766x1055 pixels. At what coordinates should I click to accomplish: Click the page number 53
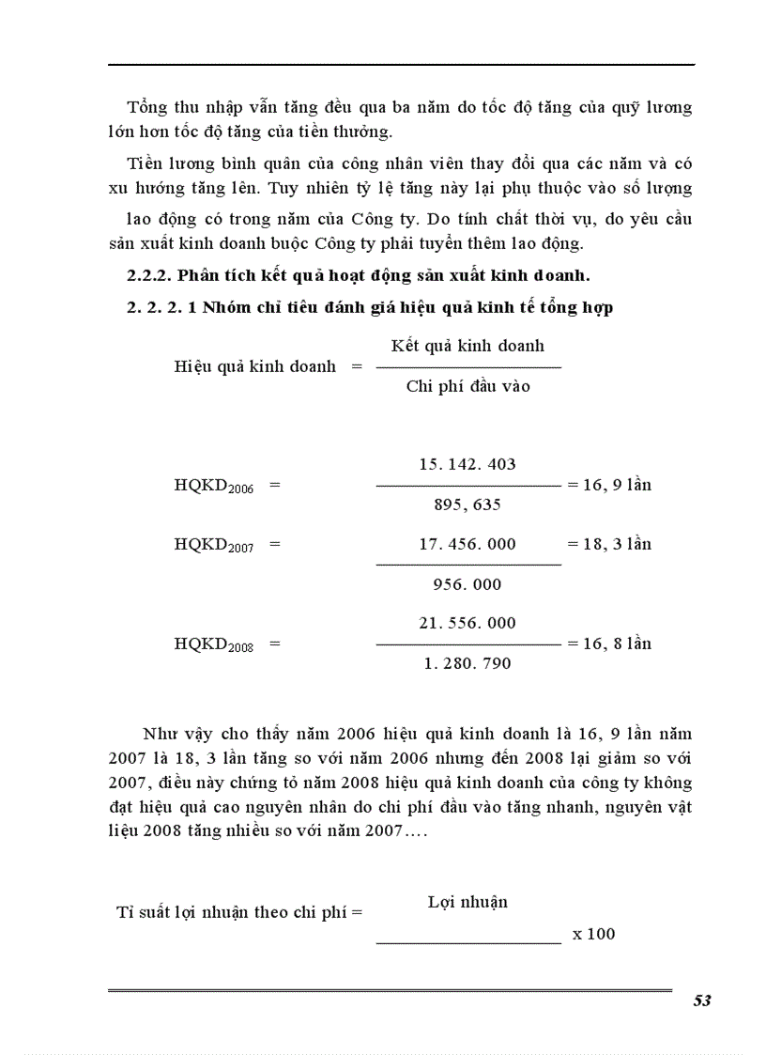pyautogui.click(x=702, y=1001)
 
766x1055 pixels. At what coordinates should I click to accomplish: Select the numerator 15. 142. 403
pyautogui.click(x=467, y=465)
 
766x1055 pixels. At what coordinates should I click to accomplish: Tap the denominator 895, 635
pyautogui.click(x=467, y=504)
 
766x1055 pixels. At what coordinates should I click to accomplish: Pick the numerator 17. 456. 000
pyautogui.click(x=467, y=544)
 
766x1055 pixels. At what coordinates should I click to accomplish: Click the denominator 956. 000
pyautogui.click(x=467, y=584)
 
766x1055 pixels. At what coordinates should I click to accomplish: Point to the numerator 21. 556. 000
pyautogui.click(x=467, y=623)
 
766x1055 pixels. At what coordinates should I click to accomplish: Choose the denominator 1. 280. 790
pyautogui.click(x=467, y=663)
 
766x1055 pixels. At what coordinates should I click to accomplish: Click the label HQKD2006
pyautogui.click(x=214, y=487)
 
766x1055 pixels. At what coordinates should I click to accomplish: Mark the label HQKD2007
pyautogui.click(x=214, y=545)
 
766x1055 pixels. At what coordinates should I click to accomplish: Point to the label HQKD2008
pyautogui.click(x=214, y=644)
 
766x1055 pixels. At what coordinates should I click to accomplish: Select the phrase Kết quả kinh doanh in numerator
pyautogui.click(x=467, y=346)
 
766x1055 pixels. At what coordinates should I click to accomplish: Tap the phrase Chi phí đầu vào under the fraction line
pyautogui.click(x=467, y=386)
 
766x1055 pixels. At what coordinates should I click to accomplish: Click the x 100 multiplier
pyautogui.click(x=593, y=934)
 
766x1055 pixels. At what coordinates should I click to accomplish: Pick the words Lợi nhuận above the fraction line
pyautogui.click(x=467, y=902)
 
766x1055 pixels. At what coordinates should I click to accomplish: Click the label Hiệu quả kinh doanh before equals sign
pyautogui.click(x=254, y=366)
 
